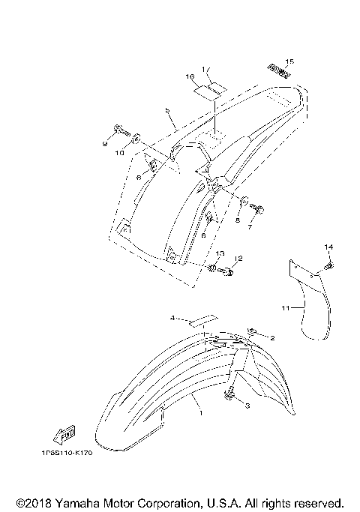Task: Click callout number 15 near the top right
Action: [290, 61]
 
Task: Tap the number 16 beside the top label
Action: [190, 76]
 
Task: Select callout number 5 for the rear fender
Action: [169, 111]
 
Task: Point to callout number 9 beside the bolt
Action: [105, 142]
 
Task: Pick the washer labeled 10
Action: [136, 139]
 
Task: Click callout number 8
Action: [238, 221]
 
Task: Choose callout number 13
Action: [220, 254]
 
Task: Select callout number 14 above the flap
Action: [328, 247]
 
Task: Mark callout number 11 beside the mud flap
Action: [285, 307]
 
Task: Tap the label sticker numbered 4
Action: [200, 321]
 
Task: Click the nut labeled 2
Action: [253, 331]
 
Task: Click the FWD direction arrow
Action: [62, 433]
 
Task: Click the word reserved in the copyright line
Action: [318, 502]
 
